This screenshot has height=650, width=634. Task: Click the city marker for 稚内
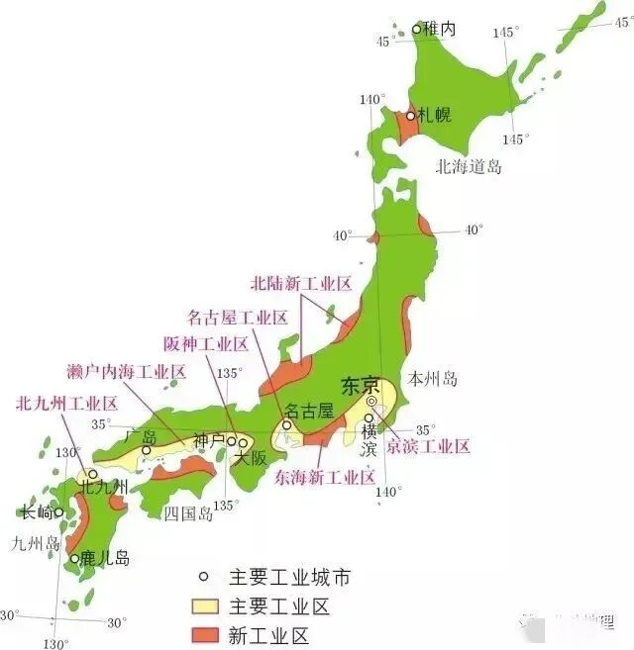tap(416, 29)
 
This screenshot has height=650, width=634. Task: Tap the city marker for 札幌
tap(411, 116)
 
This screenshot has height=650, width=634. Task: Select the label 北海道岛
tap(468, 166)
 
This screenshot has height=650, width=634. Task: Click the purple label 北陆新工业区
tap(301, 284)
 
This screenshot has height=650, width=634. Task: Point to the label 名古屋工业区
tap(238, 318)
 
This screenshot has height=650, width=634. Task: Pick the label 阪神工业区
tap(205, 344)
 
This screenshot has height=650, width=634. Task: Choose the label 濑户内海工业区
tap(128, 372)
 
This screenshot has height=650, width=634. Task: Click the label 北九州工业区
tap(66, 403)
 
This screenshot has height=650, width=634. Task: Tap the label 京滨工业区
tap(428, 446)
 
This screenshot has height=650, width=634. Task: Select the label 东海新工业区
tap(325, 477)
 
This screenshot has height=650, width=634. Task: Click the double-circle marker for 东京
tap(371, 402)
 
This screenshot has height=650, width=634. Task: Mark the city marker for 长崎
tap(58, 512)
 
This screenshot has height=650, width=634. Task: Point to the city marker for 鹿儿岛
tap(74, 559)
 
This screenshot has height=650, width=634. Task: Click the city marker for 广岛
tap(147, 450)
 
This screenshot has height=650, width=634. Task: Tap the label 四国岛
tap(188, 512)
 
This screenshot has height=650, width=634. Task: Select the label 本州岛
tap(432, 378)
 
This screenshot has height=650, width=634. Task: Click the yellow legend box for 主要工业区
tap(204, 606)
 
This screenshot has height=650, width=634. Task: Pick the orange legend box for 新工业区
tap(204, 633)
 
